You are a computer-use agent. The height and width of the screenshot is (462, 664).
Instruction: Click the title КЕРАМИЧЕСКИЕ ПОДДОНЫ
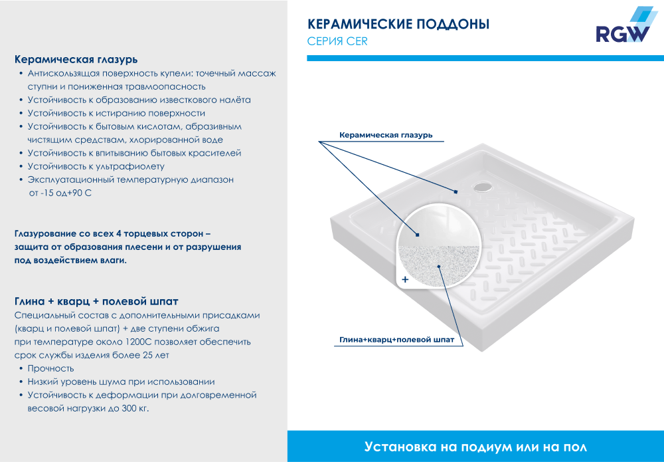(x=398, y=25)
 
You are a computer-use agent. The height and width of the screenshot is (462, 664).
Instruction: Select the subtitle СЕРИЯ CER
(x=337, y=41)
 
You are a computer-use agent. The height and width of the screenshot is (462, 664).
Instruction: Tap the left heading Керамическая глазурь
(x=76, y=59)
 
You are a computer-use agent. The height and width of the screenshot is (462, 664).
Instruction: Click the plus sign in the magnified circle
(x=405, y=279)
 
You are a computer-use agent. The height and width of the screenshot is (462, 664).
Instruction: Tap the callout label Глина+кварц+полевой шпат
(x=396, y=340)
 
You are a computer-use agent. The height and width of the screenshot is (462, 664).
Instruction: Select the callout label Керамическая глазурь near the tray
(x=386, y=135)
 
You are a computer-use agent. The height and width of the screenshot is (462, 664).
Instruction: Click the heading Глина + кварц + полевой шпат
(x=96, y=301)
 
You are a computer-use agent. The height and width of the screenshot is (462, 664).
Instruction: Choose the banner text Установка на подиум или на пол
(x=475, y=446)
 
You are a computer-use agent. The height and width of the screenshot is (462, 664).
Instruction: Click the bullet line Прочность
(x=50, y=368)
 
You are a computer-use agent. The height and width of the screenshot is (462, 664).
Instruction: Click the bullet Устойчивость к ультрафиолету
(x=96, y=166)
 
